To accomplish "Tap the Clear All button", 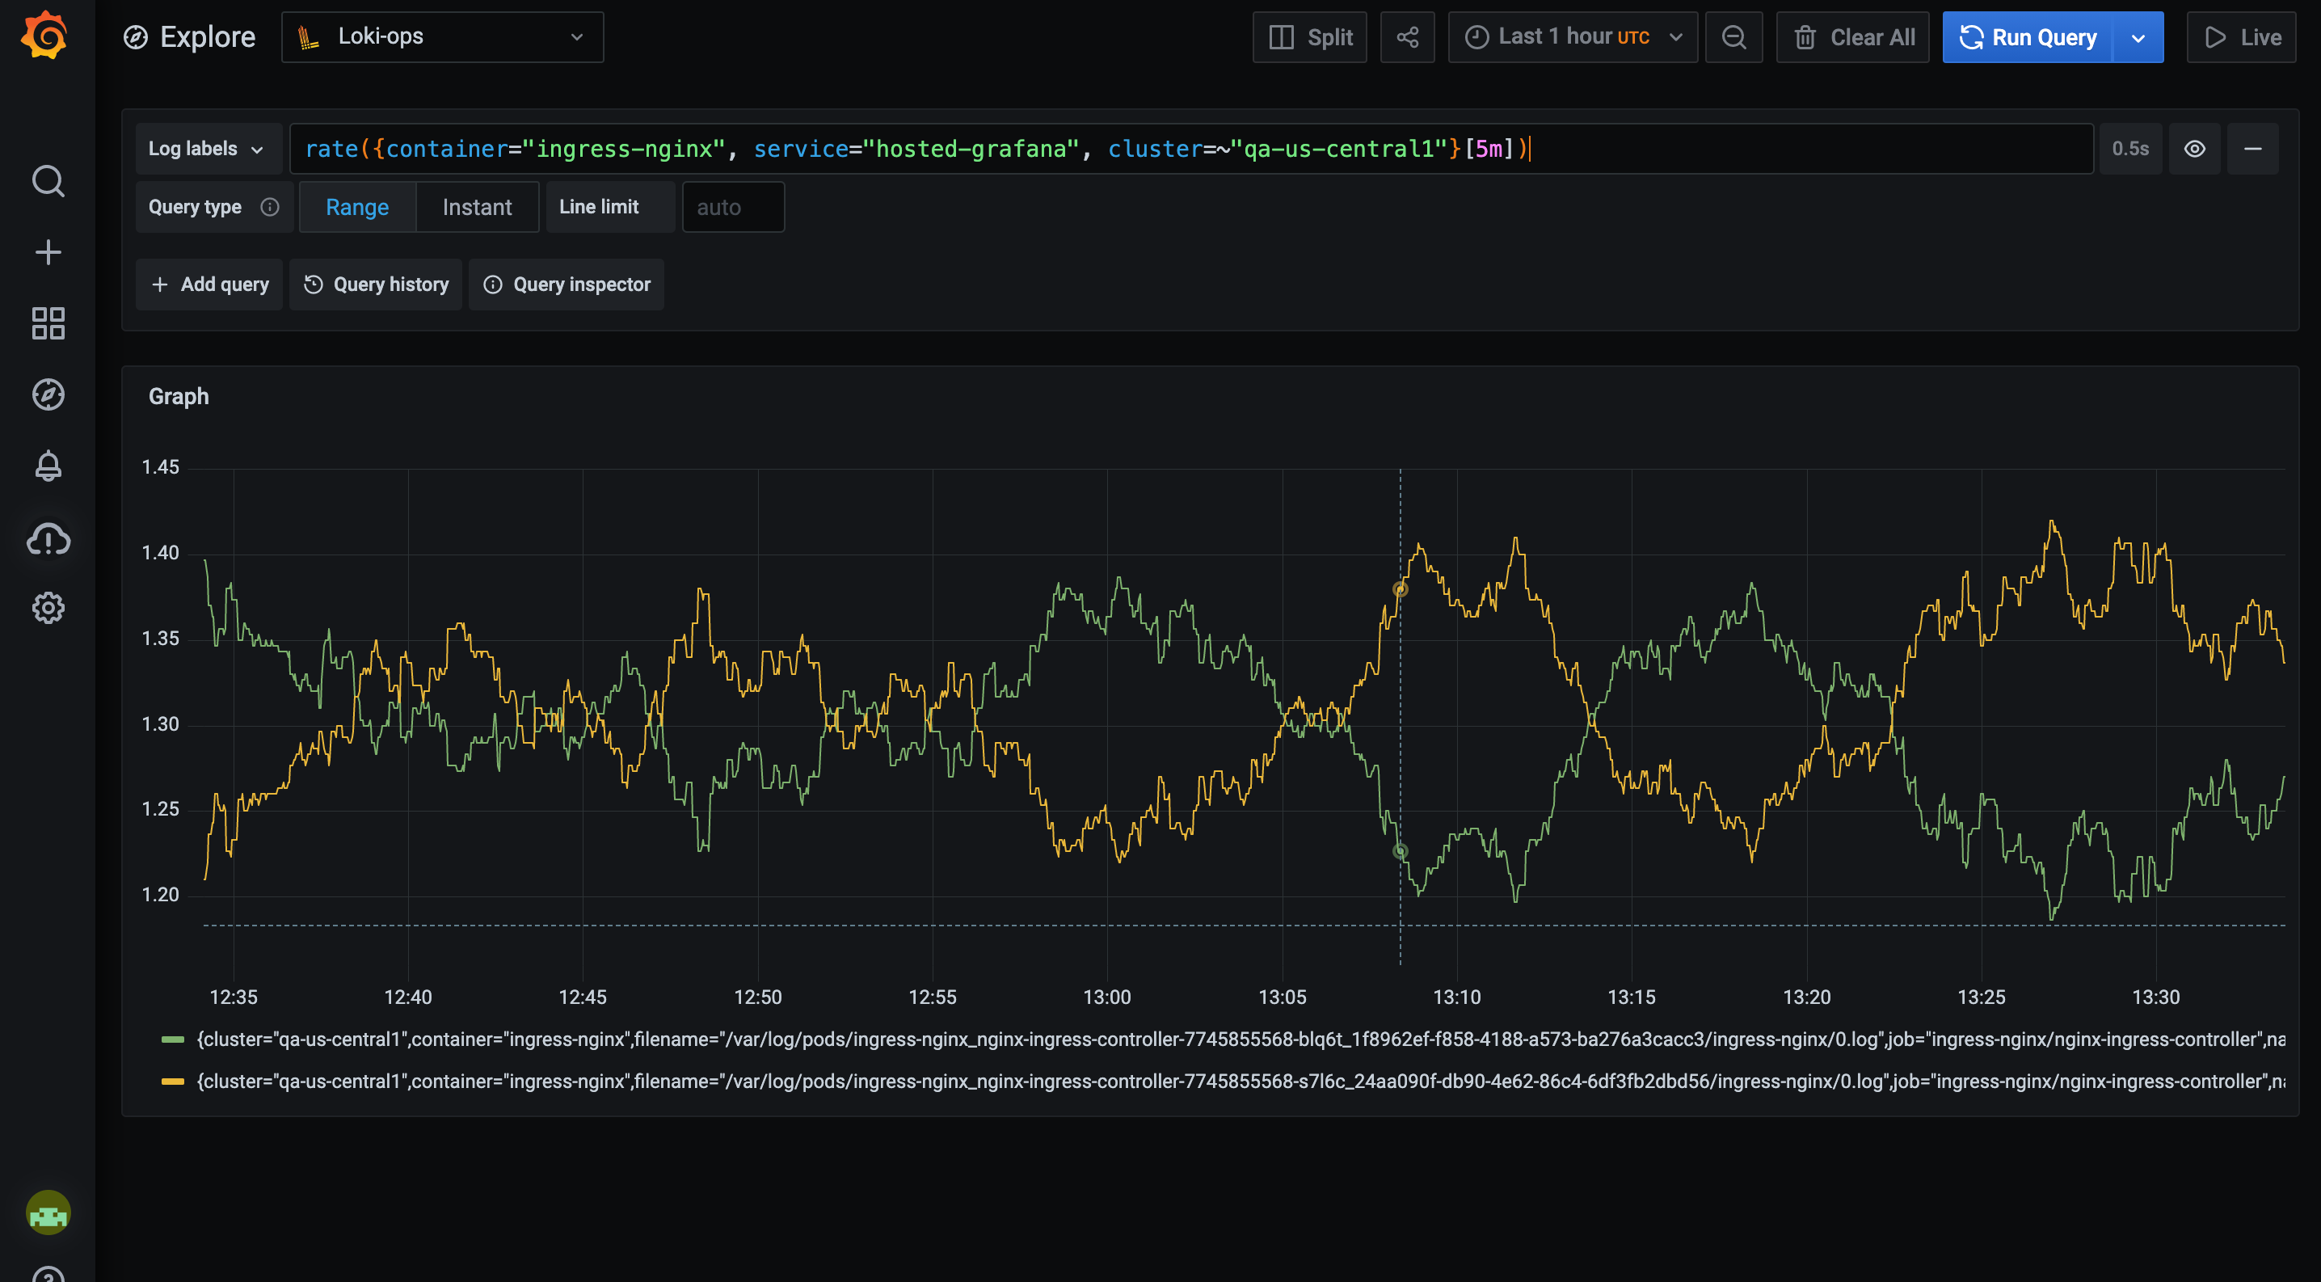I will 1852,37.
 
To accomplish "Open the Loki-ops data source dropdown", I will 441,37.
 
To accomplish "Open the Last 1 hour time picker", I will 1573,37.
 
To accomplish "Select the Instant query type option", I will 477,207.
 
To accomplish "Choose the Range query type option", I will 357,207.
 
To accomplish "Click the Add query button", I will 209,285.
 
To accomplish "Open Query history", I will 376,285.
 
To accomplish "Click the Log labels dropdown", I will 206,149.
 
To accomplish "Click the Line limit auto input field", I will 732,207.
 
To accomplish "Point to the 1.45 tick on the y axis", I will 160,467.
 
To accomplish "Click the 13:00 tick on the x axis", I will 1106,997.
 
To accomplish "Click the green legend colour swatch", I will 172,1040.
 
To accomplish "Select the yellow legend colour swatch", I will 172,1081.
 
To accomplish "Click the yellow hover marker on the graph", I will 1401,589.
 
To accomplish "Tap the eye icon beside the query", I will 2195,149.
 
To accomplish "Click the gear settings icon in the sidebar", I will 48,608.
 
